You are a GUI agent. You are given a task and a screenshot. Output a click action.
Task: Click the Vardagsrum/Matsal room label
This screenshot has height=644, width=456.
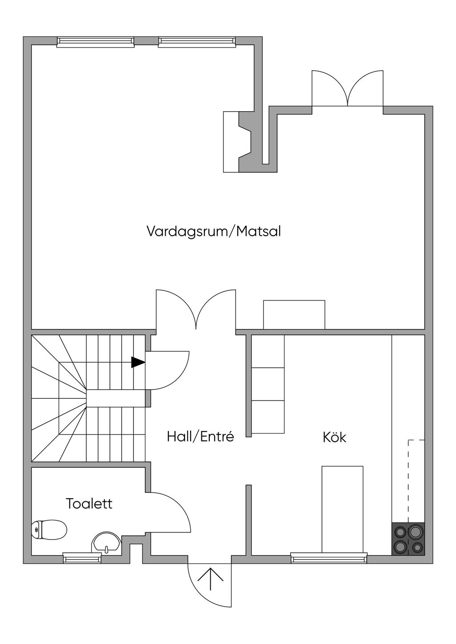214,232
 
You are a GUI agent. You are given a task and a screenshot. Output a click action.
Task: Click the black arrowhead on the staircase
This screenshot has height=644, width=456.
138,362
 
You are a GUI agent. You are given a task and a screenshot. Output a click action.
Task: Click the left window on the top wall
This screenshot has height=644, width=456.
95,42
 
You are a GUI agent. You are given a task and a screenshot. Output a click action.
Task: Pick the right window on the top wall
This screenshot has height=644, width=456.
197,42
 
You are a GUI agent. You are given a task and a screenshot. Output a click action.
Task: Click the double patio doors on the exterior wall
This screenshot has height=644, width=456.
347,88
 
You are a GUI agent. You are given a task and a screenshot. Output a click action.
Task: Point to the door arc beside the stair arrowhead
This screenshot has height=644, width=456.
181,377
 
